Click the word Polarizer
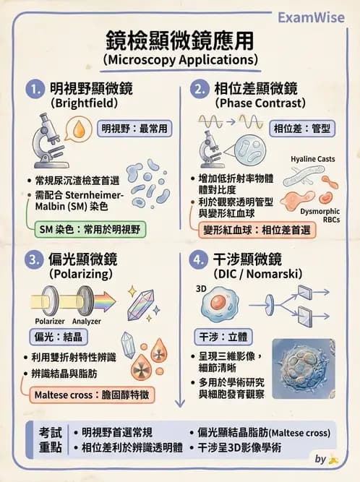pyautogui.click(x=50, y=321)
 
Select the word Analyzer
pyautogui.click(x=87, y=321)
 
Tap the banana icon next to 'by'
pyautogui.click(x=333, y=459)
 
